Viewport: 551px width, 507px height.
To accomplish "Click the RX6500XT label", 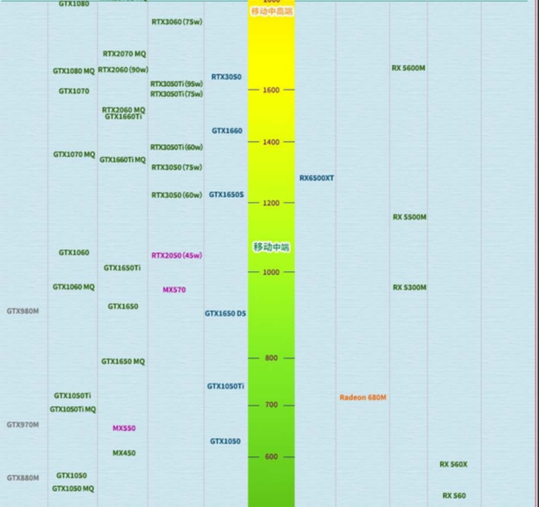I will (x=316, y=178).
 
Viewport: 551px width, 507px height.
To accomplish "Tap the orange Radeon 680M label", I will (x=363, y=397).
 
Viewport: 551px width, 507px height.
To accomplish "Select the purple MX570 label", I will (x=174, y=290).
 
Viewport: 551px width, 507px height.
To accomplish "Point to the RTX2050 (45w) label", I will (x=177, y=255).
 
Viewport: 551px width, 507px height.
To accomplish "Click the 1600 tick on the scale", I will (x=271, y=90).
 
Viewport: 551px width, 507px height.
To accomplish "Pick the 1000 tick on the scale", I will (x=271, y=272).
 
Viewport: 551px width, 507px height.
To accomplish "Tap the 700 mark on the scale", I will (x=271, y=405).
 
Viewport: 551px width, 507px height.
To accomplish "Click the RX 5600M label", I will (x=408, y=68).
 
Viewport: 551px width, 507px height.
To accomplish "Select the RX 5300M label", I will (x=409, y=287).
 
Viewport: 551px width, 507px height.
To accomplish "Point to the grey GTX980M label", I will (x=23, y=311).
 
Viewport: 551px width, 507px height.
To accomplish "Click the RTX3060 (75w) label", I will (x=177, y=22).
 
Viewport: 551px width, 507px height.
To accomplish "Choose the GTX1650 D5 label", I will (x=225, y=313).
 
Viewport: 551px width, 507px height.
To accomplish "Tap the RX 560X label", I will (x=453, y=465).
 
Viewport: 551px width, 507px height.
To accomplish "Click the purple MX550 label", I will (x=124, y=428).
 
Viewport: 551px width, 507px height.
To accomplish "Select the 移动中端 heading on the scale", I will (x=271, y=247).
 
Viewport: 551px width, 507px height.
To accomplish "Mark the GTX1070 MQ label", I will (x=74, y=154).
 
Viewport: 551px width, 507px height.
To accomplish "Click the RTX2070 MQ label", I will (x=124, y=54).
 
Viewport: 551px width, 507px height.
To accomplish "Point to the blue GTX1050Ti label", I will (x=226, y=386).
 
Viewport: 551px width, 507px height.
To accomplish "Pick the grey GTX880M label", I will (x=23, y=477).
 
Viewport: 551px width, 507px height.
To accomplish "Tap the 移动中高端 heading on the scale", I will (x=272, y=11).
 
